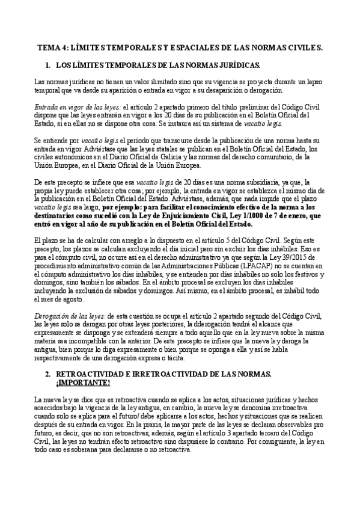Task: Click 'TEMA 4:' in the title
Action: coord(52,46)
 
